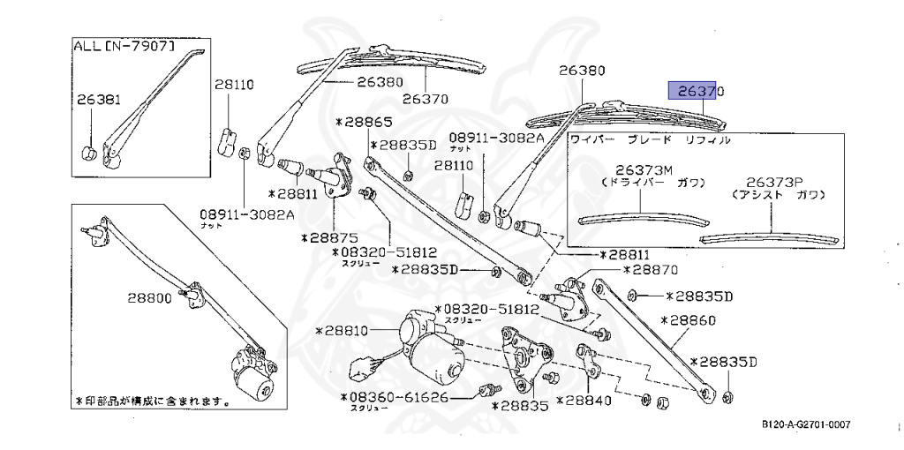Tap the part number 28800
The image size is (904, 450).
pyautogui.click(x=149, y=298)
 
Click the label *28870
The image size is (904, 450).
pyautogui.click(x=650, y=271)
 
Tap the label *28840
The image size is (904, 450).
pyautogui.click(x=583, y=401)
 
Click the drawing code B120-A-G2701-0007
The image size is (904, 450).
pyautogui.click(x=806, y=425)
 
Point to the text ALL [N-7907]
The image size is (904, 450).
pyautogui.click(x=123, y=46)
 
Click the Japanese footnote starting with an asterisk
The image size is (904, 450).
pyautogui.click(x=153, y=401)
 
